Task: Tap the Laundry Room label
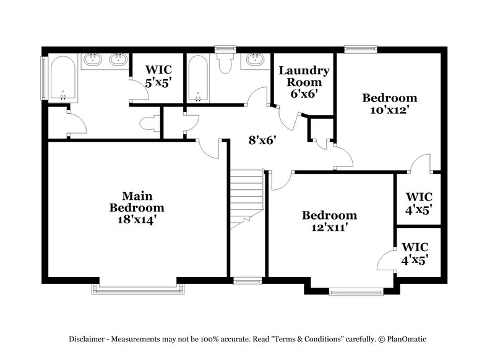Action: (x=304, y=77)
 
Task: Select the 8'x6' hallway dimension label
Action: (x=262, y=140)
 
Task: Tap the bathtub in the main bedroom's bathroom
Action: (x=62, y=78)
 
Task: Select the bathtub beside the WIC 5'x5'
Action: (x=199, y=78)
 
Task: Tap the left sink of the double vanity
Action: (x=93, y=60)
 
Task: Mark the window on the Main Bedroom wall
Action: (x=137, y=286)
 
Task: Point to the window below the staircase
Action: (x=247, y=281)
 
